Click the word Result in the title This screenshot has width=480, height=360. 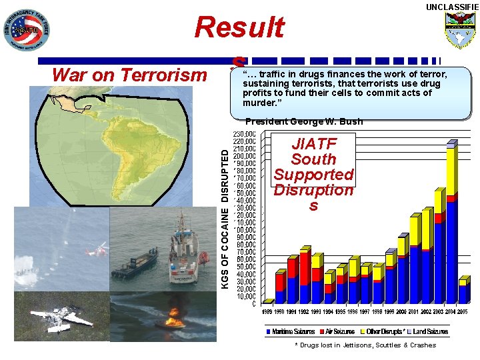coord(239,28)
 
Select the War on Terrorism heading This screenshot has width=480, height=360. coord(129,75)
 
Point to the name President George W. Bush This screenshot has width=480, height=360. coord(303,121)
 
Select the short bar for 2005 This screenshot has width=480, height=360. coord(463,292)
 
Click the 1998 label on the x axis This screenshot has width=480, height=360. coord(378,311)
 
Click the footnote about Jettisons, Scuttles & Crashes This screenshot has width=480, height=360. coord(365,345)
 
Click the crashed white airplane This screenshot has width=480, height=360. coord(63,318)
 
